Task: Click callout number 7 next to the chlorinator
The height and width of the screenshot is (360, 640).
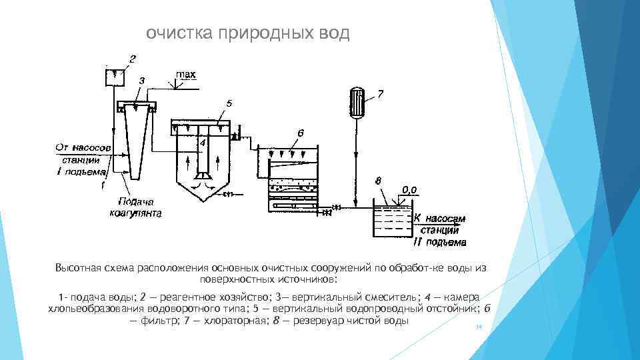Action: [379, 95]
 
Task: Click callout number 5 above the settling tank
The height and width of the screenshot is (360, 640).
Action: [229, 103]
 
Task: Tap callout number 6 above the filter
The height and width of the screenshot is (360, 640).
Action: [301, 133]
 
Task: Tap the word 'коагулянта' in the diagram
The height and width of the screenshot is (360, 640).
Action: [136, 213]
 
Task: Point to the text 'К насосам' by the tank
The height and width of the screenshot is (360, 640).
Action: [439, 218]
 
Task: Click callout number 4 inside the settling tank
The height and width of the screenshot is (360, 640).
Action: [203, 143]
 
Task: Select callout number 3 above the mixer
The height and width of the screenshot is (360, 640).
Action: [141, 80]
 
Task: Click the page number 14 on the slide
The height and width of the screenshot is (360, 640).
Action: [477, 327]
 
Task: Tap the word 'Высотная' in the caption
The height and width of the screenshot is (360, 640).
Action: [78, 268]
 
